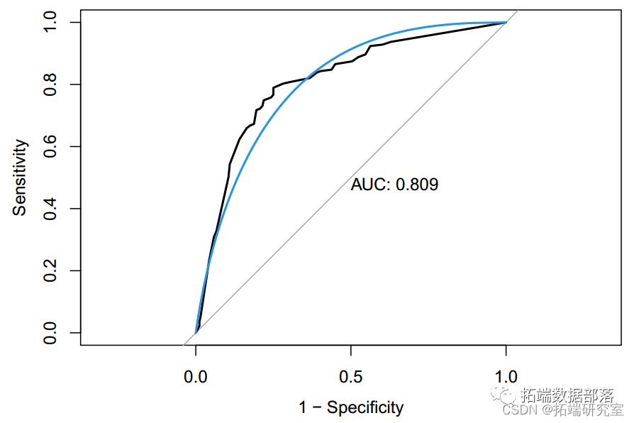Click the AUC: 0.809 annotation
pos(394,185)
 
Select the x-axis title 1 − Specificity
pos(351,407)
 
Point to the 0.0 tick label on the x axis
pos(196,376)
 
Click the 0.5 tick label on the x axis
pos(351,376)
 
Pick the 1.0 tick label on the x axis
pos(506,376)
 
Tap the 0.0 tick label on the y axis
pos(50,332)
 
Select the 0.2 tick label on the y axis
pos(50,270)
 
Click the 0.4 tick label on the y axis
pos(50,209)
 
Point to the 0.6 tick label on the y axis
pos(50,146)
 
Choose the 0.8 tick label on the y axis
pos(50,84)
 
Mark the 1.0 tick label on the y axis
pos(50,23)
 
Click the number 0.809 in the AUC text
pos(417,185)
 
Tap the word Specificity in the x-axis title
pos(365,407)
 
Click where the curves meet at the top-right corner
pos(506,23)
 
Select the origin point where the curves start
pos(196,332)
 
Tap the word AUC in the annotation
pos(369,185)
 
